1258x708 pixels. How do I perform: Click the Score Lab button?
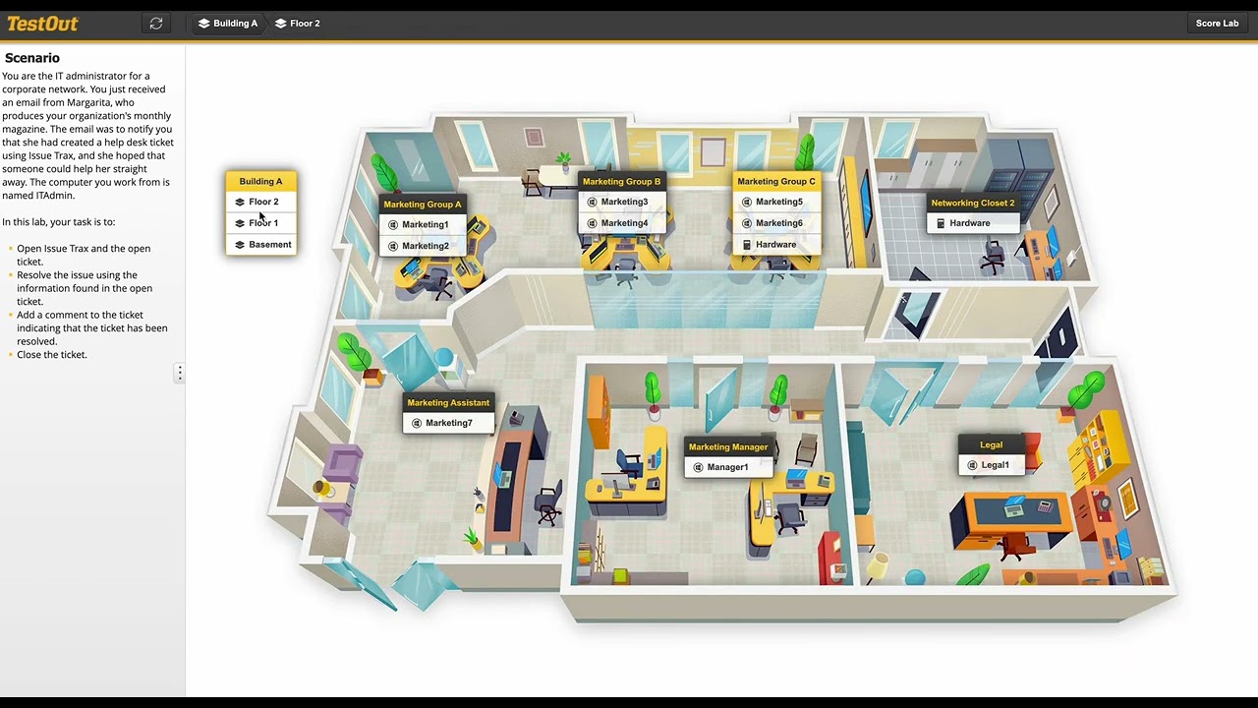pos(1217,24)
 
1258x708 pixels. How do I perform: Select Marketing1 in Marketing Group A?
pos(425,224)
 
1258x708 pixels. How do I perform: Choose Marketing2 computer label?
pos(425,246)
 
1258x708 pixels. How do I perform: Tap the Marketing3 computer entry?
pos(624,202)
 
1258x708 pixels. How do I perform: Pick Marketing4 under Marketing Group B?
pos(624,223)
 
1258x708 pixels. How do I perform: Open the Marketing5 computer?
pos(778,202)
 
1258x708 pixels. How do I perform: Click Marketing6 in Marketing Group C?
pos(778,223)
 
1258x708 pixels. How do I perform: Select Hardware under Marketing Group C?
pos(775,245)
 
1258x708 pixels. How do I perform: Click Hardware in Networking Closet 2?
pos(969,223)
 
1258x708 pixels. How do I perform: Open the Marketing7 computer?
pos(448,423)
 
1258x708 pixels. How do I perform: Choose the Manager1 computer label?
pos(727,467)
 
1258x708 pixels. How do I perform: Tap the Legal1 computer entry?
pos(995,465)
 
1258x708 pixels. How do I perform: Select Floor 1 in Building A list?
pos(263,223)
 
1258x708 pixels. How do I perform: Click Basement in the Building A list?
pos(269,245)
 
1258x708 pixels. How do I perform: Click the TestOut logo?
pos(42,24)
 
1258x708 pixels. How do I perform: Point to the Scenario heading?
pos(32,58)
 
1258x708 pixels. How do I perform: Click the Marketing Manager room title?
pos(728,447)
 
